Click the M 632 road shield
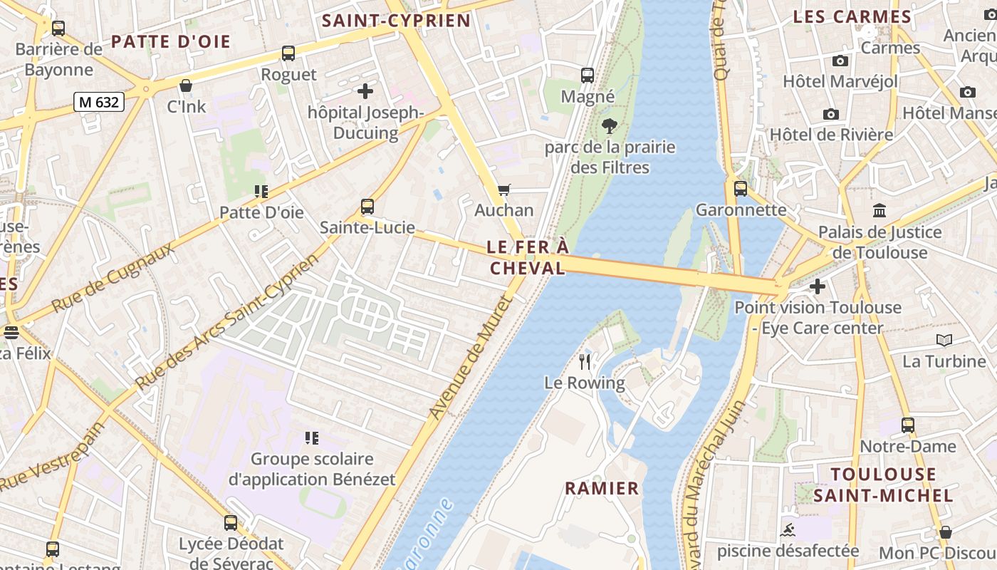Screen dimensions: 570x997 coord(99,102)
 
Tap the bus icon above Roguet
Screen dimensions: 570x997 coord(288,53)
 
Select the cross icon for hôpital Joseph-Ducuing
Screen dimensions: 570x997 coord(365,91)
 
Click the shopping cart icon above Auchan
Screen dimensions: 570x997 coord(504,190)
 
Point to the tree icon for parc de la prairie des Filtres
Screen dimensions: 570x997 coord(609,127)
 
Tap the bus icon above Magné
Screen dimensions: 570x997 coord(588,76)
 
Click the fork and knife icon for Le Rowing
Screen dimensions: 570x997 coord(585,362)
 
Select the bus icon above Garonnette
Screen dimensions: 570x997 coord(741,189)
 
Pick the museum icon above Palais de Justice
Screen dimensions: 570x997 coord(879,211)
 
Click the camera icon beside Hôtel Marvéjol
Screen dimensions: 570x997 coord(840,61)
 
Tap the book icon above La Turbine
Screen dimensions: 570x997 coord(944,341)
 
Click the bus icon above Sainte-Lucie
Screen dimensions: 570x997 coord(367,207)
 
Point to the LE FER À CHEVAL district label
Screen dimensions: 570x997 coord(528,257)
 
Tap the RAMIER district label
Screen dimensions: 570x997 coord(602,488)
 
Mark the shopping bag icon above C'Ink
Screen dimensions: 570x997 coord(186,86)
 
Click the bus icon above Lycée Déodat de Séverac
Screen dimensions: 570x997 coord(231,523)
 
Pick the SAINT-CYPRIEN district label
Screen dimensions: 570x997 coord(396,21)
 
